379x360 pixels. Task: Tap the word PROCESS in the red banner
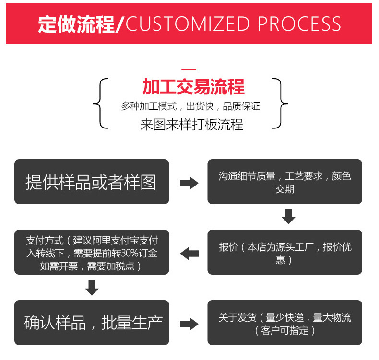click(300, 24)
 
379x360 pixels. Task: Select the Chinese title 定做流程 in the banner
click(77, 24)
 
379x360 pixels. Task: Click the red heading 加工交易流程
click(193, 87)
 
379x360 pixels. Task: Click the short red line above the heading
click(189, 70)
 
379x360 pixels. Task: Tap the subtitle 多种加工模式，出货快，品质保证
click(190, 106)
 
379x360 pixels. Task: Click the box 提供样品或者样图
click(92, 182)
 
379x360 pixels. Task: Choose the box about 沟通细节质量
click(284, 182)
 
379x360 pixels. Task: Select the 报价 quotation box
click(284, 252)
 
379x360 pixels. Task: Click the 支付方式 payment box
click(92, 252)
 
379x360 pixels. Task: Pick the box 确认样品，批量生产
click(92, 322)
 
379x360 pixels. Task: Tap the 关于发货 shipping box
click(284, 323)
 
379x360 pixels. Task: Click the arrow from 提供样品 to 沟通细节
click(189, 183)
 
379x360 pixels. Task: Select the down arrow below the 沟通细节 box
click(288, 217)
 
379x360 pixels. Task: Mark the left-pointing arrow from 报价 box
click(189, 253)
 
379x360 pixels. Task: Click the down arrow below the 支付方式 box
click(92, 288)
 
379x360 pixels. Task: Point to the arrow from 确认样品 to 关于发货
click(189, 324)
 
